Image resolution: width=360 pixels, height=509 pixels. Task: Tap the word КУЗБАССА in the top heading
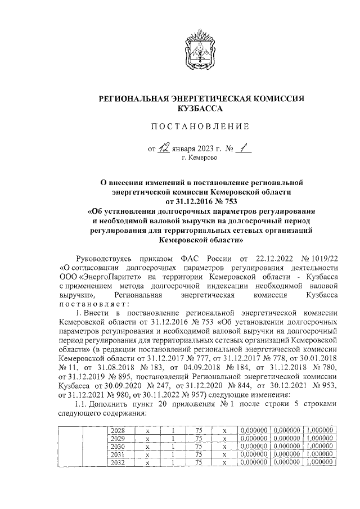(200, 107)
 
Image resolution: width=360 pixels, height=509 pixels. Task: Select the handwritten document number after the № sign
(242, 148)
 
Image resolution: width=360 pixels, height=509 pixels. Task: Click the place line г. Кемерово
(201, 159)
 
